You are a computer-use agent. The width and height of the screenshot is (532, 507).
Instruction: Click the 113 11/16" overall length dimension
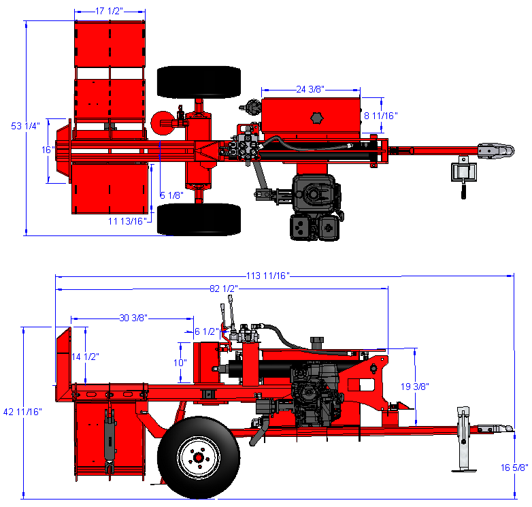pyautogui.click(x=267, y=276)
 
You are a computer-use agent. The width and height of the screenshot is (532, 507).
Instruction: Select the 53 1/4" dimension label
pyautogui.click(x=25, y=126)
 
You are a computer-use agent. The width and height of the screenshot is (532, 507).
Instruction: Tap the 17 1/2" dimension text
pyautogui.click(x=109, y=11)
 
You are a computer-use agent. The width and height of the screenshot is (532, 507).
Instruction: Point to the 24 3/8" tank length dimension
pyautogui.click(x=310, y=89)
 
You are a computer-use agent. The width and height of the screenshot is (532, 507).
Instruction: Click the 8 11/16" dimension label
pyautogui.click(x=381, y=116)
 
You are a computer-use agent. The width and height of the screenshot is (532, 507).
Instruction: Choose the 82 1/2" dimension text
pyautogui.click(x=224, y=289)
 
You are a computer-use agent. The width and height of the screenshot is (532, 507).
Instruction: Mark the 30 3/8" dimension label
pyautogui.click(x=133, y=318)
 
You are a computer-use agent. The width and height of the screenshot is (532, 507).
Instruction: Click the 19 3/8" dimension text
pyautogui.click(x=414, y=386)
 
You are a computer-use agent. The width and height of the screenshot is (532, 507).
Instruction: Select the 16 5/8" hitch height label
pyautogui.click(x=514, y=468)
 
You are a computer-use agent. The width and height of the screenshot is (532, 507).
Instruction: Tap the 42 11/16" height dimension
pyautogui.click(x=22, y=412)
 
